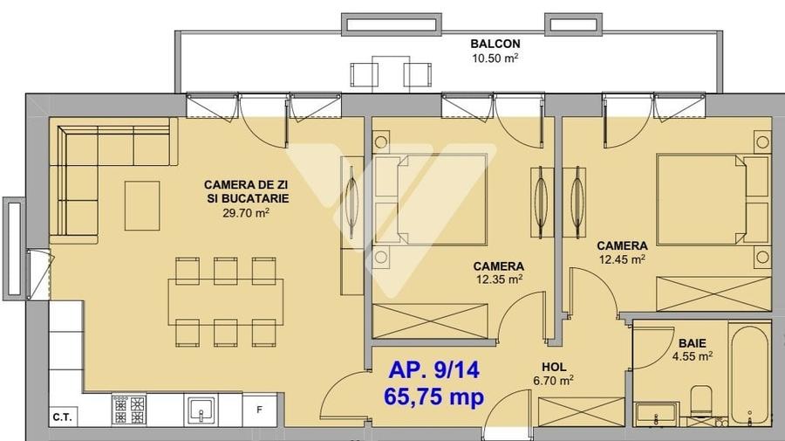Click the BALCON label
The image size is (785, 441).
pyautogui.click(x=495, y=43)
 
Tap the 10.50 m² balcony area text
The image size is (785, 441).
pyautogui.click(x=495, y=59)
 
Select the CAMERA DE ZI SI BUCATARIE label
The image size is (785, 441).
pyautogui.click(x=246, y=191)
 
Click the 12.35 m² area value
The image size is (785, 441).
pyautogui.click(x=498, y=279)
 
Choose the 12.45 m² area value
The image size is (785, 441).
pyautogui.click(x=621, y=259)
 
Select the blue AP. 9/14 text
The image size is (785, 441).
pyautogui.click(x=433, y=369)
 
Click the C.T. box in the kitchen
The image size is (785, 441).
pyautogui.click(x=62, y=417)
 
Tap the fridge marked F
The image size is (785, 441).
pyautogui.click(x=259, y=410)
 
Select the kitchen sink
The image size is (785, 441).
pyautogui.click(x=202, y=410)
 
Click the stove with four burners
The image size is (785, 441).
pyautogui.click(x=129, y=410)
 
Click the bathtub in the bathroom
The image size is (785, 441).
pyautogui.click(x=749, y=373)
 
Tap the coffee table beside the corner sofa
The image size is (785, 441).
pyautogui.click(x=142, y=206)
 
